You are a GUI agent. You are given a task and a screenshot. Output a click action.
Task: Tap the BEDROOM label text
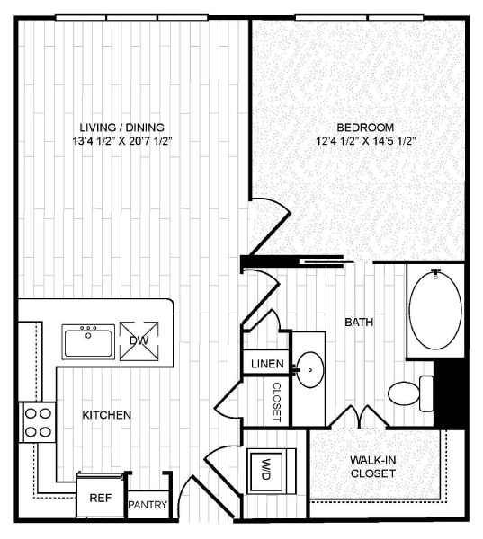coord(364,127)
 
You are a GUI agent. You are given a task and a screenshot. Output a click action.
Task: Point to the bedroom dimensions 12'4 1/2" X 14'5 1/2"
coord(364,141)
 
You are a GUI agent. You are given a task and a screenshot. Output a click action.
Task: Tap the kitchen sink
coord(88,341)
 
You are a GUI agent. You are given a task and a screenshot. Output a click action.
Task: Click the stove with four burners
coord(37,421)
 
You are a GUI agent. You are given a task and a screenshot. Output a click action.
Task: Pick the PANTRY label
coord(148,505)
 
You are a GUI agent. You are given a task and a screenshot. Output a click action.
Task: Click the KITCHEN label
coord(107,415)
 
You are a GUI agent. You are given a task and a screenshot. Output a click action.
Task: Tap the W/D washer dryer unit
coord(267,469)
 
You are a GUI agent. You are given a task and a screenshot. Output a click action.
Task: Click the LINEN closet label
coord(265,365)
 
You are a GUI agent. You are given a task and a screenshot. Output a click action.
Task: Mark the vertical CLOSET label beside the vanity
coord(276,401)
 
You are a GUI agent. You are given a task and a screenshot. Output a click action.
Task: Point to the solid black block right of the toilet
coord(449,393)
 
